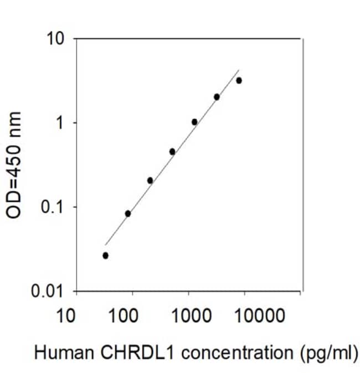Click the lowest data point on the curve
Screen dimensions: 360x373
click(x=105, y=256)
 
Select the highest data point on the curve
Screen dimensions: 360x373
click(x=239, y=81)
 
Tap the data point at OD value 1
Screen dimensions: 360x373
click(x=194, y=122)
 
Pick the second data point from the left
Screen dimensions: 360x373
click(x=128, y=214)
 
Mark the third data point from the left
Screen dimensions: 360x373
click(x=150, y=180)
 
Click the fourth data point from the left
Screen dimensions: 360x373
click(x=172, y=152)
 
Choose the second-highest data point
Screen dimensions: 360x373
click(x=217, y=97)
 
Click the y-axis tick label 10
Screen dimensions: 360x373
click(x=56, y=39)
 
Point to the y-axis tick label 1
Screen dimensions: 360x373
click(x=59, y=123)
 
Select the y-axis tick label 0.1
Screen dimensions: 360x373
click(x=52, y=207)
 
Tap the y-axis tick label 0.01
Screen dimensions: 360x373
click(x=47, y=291)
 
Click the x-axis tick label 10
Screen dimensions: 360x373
click(x=65, y=315)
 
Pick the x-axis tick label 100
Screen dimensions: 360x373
click(x=123, y=315)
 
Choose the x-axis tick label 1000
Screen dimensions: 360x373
click(x=192, y=315)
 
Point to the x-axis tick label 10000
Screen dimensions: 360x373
click(x=260, y=315)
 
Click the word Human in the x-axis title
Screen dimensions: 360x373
click(x=64, y=353)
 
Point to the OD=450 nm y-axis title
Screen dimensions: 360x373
click(x=13, y=165)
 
